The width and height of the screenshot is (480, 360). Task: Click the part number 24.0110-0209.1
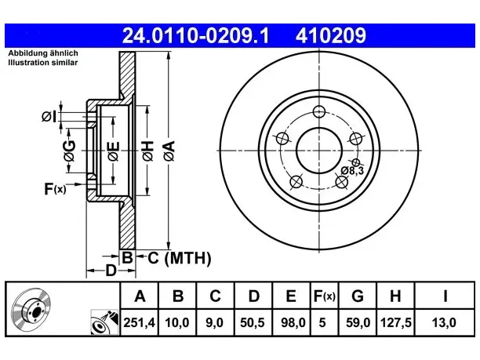[195, 35]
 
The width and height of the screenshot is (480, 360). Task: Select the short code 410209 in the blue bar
[331, 35]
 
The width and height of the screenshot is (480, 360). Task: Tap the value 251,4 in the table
[140, 322]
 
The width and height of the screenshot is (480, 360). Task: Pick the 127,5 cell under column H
[395, 322]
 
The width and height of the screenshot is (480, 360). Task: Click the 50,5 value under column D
[253, 322]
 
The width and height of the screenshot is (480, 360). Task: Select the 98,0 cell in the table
[291, 322]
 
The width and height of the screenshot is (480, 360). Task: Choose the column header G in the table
[358, 296]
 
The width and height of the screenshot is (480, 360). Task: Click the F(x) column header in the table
[325, 296]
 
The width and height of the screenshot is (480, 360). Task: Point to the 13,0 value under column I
[444, 322]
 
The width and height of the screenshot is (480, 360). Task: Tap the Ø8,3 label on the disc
[352, 170]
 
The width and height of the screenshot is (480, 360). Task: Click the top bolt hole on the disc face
[319, 111]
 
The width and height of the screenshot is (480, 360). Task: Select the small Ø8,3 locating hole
[356, 162]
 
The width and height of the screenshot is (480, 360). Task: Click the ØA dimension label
[169, 151]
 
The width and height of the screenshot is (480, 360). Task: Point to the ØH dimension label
[147, 151]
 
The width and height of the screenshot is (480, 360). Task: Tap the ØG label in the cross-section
[70, 151]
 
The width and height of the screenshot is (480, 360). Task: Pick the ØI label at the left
[49, 117]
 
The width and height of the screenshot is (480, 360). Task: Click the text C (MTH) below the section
[180, 258]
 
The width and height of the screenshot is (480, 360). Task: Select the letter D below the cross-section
[111, 271]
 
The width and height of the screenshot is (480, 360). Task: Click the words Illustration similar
[43, 63]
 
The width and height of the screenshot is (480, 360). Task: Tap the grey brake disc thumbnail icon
[31, 309]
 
